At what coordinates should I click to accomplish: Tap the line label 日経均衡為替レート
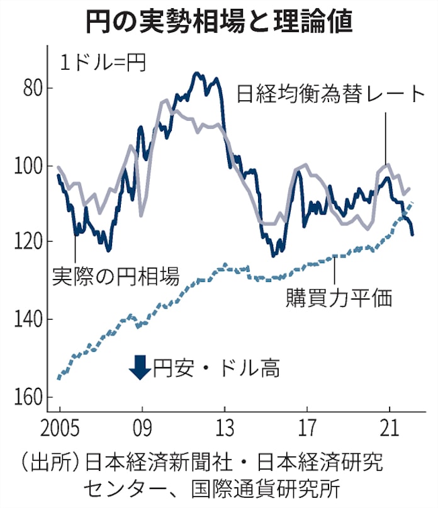tap(332, 94)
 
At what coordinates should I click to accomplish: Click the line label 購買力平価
tap(339, 296)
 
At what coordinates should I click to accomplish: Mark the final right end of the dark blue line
tap(413, 234)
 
